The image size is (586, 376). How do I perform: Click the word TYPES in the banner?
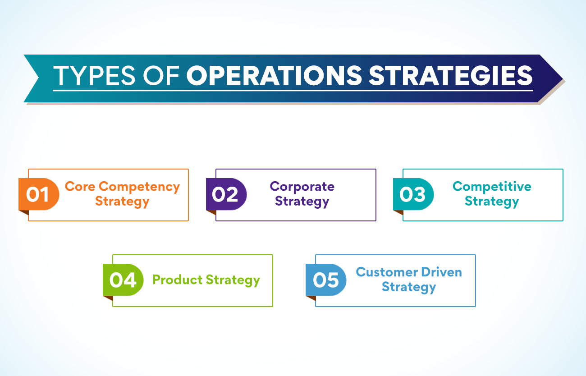(x=95, y=75)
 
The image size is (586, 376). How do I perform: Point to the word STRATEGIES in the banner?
(x=451, y=75)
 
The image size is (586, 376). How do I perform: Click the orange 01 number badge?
(x=39, y=194)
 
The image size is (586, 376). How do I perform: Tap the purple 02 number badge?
(x=226, y=194)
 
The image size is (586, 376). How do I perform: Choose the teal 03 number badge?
(x=413, y=194)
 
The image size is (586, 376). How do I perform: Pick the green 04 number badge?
(x=123, y=280)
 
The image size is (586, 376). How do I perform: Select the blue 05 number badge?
(x=326, y=280)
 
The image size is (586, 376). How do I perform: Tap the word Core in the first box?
(x=80, y=187)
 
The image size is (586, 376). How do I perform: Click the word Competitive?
(x=492, y=187)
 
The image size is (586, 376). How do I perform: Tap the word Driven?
(x=442, y=272)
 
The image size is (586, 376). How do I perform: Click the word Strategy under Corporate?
(x=302, y=202)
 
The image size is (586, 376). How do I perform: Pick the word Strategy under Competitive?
(x=492, y=202)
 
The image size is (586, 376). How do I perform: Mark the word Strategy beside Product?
(x=233, y=280)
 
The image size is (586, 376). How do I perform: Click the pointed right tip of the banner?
(x=563, y=78)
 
